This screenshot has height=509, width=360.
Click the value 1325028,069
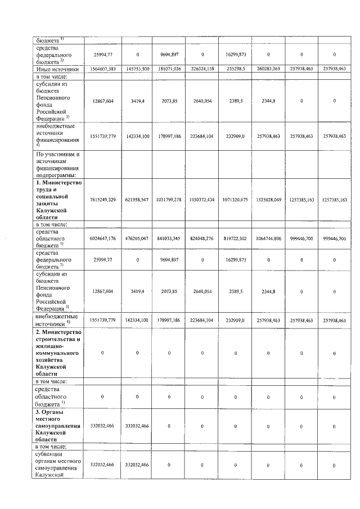(268, 200)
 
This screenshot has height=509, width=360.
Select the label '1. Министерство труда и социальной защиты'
(59, 200)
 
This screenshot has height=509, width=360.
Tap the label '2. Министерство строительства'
(59, 353)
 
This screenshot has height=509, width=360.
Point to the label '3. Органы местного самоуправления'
(59, 426)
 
